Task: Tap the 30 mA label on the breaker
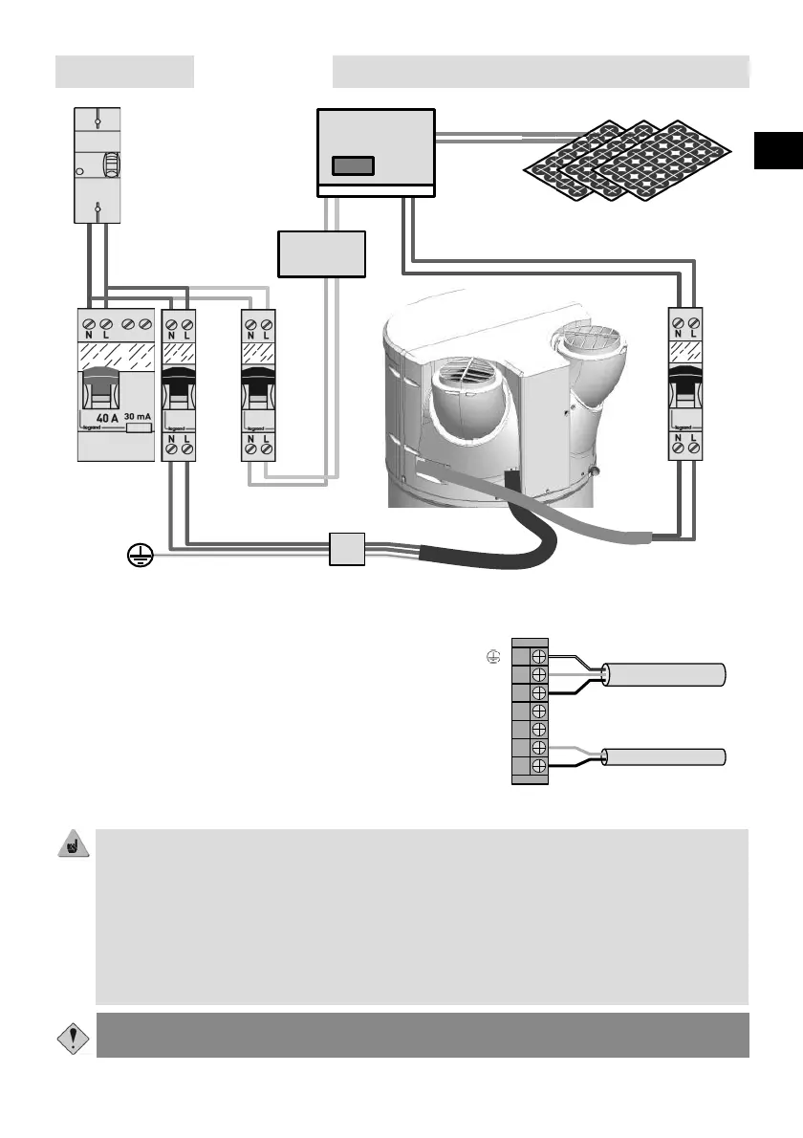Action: tap(139, 417)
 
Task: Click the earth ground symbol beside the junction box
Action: tap(140, 553)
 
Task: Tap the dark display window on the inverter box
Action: tap(353, 164)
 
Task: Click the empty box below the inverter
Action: tap(322, 254)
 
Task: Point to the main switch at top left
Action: tap(98, 164)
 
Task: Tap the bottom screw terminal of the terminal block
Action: tap(539, 767)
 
